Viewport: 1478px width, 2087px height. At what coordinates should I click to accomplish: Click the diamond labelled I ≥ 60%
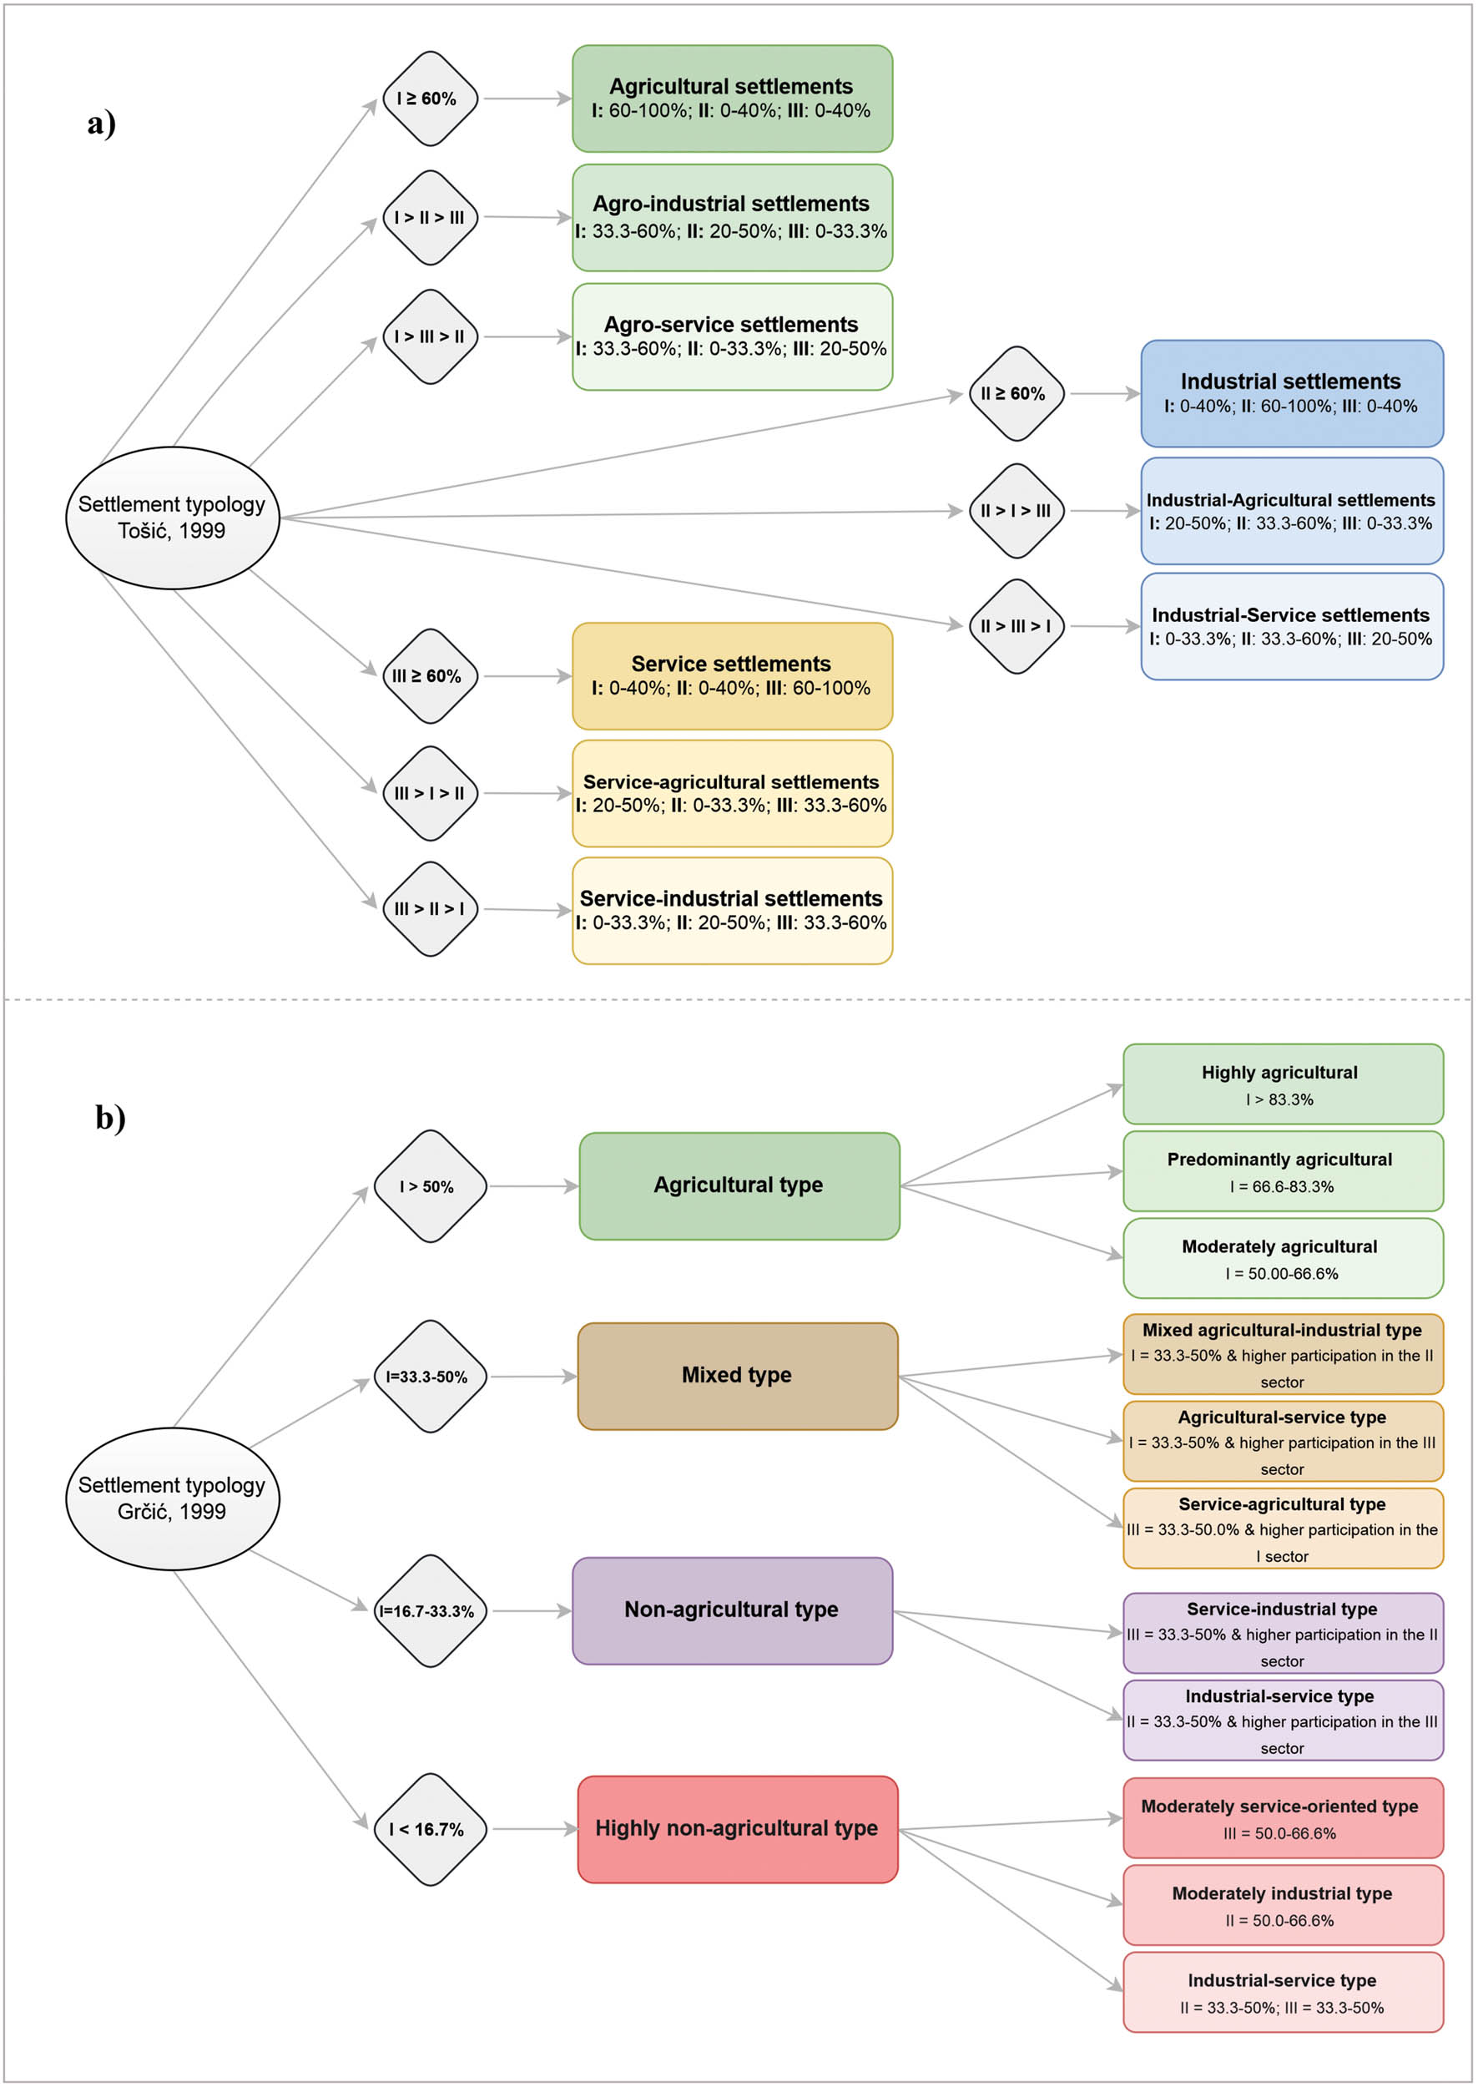pos(430,99)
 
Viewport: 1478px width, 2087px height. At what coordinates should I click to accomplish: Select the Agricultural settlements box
pos(732,99)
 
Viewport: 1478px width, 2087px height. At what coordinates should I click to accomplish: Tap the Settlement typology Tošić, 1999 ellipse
pos(172,517)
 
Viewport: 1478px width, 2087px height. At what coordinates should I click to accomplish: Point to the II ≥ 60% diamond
pos(1016,393)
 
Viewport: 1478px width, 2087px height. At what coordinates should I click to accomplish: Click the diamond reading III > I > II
pos(430,793)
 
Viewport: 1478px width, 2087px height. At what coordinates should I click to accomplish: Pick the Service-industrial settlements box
pos(732,909)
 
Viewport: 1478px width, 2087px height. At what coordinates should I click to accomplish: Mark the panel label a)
pos(102,123)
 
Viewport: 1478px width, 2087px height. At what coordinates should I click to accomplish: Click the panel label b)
pos(110,1117)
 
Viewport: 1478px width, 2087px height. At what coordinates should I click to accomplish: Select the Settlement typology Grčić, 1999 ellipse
pos(172,1498)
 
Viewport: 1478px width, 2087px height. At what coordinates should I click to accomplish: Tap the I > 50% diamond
pos(430,1186)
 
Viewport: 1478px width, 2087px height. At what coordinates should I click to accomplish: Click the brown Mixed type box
pos(737,1375)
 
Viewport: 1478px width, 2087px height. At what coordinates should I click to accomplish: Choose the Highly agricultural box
pos(1283,1083)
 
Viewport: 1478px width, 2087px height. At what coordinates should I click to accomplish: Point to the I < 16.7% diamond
pos(430,1828)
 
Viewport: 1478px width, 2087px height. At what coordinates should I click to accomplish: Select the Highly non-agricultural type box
pos(737,1828)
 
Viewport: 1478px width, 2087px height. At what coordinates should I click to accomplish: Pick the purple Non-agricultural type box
pos(732,1610)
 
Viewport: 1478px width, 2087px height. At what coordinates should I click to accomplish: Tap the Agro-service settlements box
pos(732,336)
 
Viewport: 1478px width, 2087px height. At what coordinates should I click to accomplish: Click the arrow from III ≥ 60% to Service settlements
pos(526,676)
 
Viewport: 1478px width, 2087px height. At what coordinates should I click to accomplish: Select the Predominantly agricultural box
pos(1283,1170)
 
